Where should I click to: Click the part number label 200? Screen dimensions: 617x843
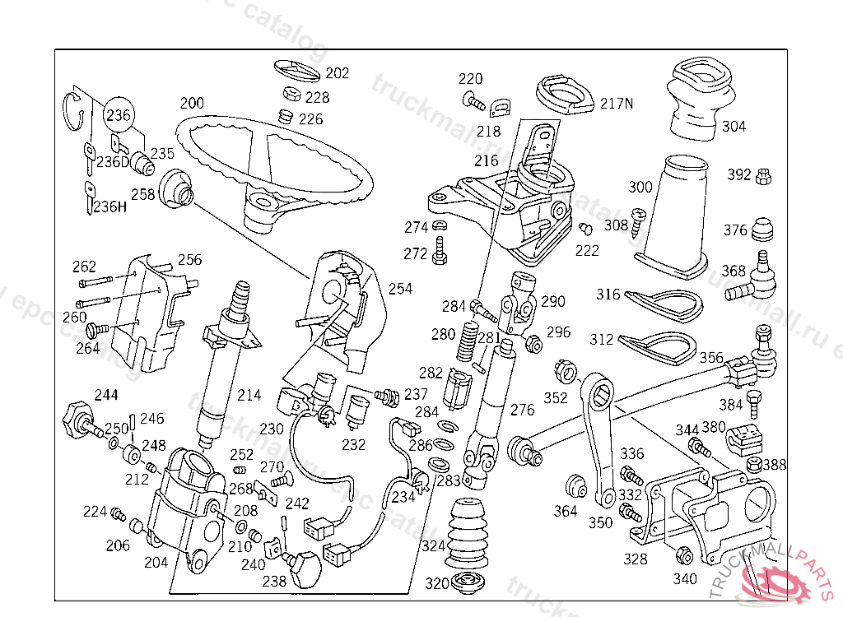tap(193, 104)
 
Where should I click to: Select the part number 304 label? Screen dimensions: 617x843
tap(734, 126)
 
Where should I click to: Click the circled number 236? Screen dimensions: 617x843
tap(119, 116)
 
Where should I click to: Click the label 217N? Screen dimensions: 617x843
tap(617, 104)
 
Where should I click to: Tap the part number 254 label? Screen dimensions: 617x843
tap(400, 289)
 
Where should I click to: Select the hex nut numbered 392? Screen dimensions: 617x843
tap(763, 174)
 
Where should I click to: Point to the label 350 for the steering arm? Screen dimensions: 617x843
tap(600, 522)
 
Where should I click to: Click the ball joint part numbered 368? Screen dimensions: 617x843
tap(759, 280)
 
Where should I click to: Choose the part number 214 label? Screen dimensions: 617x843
tap(249, 395)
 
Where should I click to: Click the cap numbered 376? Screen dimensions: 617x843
tap(763, 227)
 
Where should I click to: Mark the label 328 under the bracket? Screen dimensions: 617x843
tap(635, 559)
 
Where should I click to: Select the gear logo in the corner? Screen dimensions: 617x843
tap(774, 580)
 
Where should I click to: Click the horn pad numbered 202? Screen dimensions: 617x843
tap(298, 69)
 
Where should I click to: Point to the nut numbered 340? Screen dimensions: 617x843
tap(682, 556)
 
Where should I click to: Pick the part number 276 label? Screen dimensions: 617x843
tap(522, 409)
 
